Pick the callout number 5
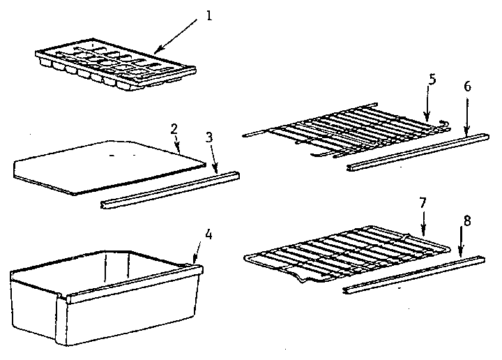tap(432, 79)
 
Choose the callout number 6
tap(467, 87)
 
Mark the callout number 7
tap(423, 203)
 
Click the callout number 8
tap(466, 220)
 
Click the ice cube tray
tap(115, 68)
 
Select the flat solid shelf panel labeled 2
tap(112, 165)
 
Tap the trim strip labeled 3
tap(171, 189)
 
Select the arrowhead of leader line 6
tap(467, 130)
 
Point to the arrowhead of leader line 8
tap(459, 255)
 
